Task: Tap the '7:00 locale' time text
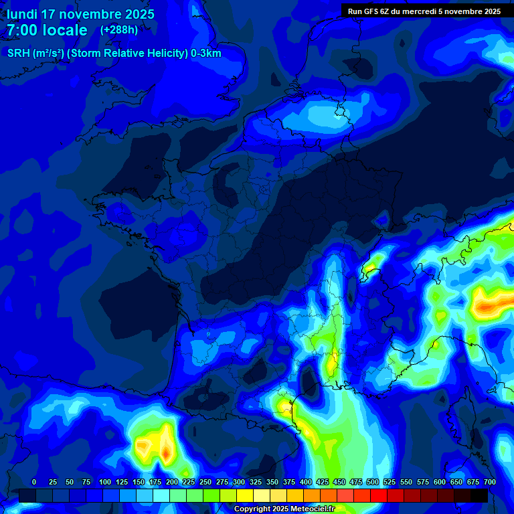(47, 30)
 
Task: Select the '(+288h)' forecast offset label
(119, 30)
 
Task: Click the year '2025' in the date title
(139, 14)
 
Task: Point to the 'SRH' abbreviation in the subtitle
(18, 54)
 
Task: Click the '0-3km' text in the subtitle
(205, 54)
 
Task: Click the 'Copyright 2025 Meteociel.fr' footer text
(284, 509)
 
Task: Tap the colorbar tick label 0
(34, 483)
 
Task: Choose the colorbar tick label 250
(205, 483)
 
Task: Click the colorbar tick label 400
(306, 483)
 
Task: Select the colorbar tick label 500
(373, 483)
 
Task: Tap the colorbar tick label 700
(489, 483)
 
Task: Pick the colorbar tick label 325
(256, 483)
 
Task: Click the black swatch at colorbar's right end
(479, 495)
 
